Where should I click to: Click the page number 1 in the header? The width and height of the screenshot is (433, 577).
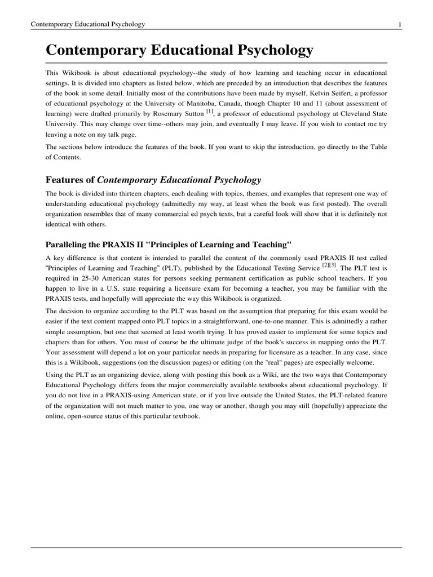pos(400,24)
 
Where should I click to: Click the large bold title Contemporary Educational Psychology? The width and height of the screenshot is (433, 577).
pos(179,51)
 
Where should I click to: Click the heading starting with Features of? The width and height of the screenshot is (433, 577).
pos(153,180)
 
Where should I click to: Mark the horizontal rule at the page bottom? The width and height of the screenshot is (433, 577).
pos(216,547)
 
